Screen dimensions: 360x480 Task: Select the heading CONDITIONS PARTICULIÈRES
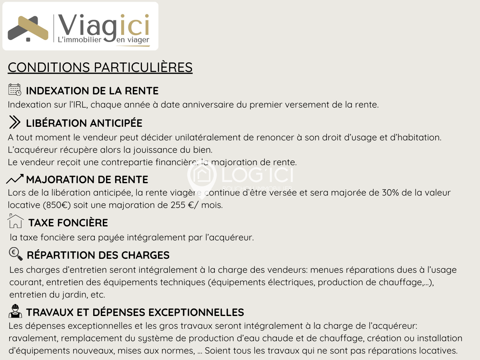tap(100, 67)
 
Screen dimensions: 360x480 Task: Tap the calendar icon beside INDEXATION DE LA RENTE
tap(15, 90)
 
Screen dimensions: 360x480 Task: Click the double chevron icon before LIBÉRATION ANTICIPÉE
tap(15, 122)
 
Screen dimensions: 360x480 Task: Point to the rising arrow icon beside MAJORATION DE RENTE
tap(15, 179)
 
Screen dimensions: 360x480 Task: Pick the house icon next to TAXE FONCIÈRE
tap(16, 222)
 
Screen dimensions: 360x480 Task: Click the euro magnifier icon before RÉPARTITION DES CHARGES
tap(16, 254)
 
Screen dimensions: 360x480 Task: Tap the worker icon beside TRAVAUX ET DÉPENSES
tap(15, 311)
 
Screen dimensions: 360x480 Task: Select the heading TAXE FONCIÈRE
tap(68, 222)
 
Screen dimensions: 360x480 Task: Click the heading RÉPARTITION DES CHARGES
tap(98, 255)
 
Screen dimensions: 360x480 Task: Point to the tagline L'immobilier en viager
tap(104, 40)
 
